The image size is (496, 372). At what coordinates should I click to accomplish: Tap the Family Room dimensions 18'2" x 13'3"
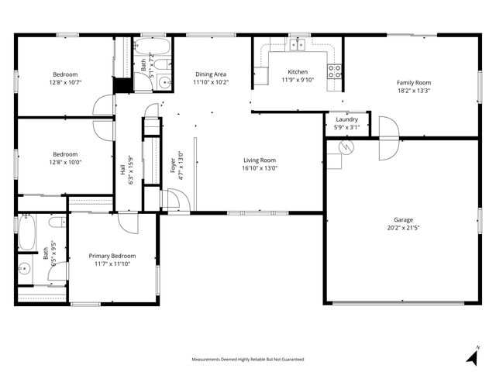coord(414,91)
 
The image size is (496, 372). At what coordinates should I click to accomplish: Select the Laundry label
coord(346,119)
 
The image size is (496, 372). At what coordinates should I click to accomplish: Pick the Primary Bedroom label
coord(112,256)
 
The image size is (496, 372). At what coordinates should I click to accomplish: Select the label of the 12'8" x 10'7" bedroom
coord(65,74)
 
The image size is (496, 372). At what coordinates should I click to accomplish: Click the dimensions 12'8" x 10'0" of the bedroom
coord(66,163)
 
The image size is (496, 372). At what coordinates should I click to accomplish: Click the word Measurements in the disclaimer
coord(208,360)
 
